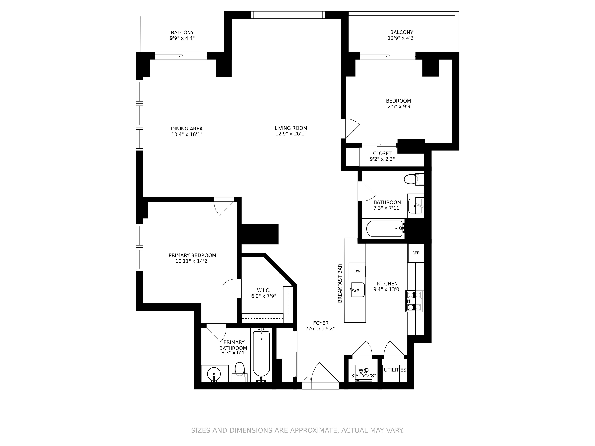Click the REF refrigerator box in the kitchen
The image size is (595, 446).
pos(416,253)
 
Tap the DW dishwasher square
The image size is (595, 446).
pos(357,271)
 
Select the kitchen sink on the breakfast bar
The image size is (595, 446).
pos(358,290)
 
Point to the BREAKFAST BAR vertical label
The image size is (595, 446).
pos(340,283)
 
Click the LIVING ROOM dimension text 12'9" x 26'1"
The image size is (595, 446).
pos(291,134)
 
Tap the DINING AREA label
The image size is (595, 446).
pos(187,129)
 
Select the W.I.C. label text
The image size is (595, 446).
pos(264,290)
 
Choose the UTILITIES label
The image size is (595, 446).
pos(395,370)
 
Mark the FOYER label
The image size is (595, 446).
pos(321,323)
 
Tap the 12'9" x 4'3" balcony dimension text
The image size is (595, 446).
pos(401,38)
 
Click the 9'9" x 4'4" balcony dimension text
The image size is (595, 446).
pos(182,38)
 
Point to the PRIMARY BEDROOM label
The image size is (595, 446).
pos(192,255)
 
